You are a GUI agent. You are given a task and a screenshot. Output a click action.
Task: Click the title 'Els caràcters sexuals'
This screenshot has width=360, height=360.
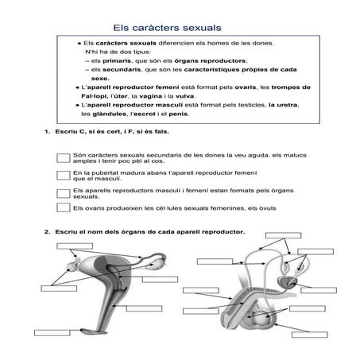[x=167, y=28]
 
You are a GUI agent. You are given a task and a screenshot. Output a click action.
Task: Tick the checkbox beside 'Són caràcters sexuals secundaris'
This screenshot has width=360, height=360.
[x=64, y=158]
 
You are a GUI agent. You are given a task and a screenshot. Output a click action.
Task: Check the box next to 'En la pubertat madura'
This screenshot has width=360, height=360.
[x=64, y=176]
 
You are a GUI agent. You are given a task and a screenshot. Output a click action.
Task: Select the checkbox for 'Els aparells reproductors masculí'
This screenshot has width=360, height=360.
[x=64, y=193]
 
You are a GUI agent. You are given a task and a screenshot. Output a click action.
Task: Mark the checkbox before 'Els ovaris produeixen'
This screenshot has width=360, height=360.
[x=64, y=207]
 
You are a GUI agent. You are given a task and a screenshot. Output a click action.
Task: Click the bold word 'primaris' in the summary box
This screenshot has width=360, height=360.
[x=117, y=61]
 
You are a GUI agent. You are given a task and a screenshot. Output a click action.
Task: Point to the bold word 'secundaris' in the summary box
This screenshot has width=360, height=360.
[x=122, y=70]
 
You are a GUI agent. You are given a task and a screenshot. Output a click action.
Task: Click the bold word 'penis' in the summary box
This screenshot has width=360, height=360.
[x=178, y=114]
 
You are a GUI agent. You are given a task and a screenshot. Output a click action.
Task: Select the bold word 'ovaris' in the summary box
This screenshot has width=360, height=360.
[x=246, y=87]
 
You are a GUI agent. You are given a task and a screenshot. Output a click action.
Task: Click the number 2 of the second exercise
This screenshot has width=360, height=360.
[x=47, y=232]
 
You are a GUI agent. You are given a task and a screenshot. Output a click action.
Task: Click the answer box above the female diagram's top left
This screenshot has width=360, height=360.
[x=75, y=246]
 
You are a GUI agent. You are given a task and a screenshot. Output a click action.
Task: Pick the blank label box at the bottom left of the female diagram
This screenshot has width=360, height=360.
[x=52, y=333]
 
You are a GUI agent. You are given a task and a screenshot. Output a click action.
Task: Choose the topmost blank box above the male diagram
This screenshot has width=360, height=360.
[x=283, y=235]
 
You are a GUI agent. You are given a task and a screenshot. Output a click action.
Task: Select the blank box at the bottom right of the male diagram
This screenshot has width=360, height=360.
[x=310, y=335]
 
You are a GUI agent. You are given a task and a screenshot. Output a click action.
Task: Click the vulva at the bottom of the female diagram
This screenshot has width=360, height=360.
[x=89, y=331]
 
